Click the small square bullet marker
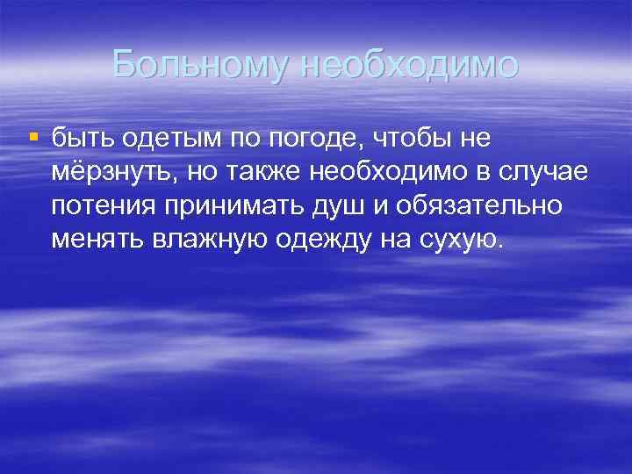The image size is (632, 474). [33, 136]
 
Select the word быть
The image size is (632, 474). [80, 138]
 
